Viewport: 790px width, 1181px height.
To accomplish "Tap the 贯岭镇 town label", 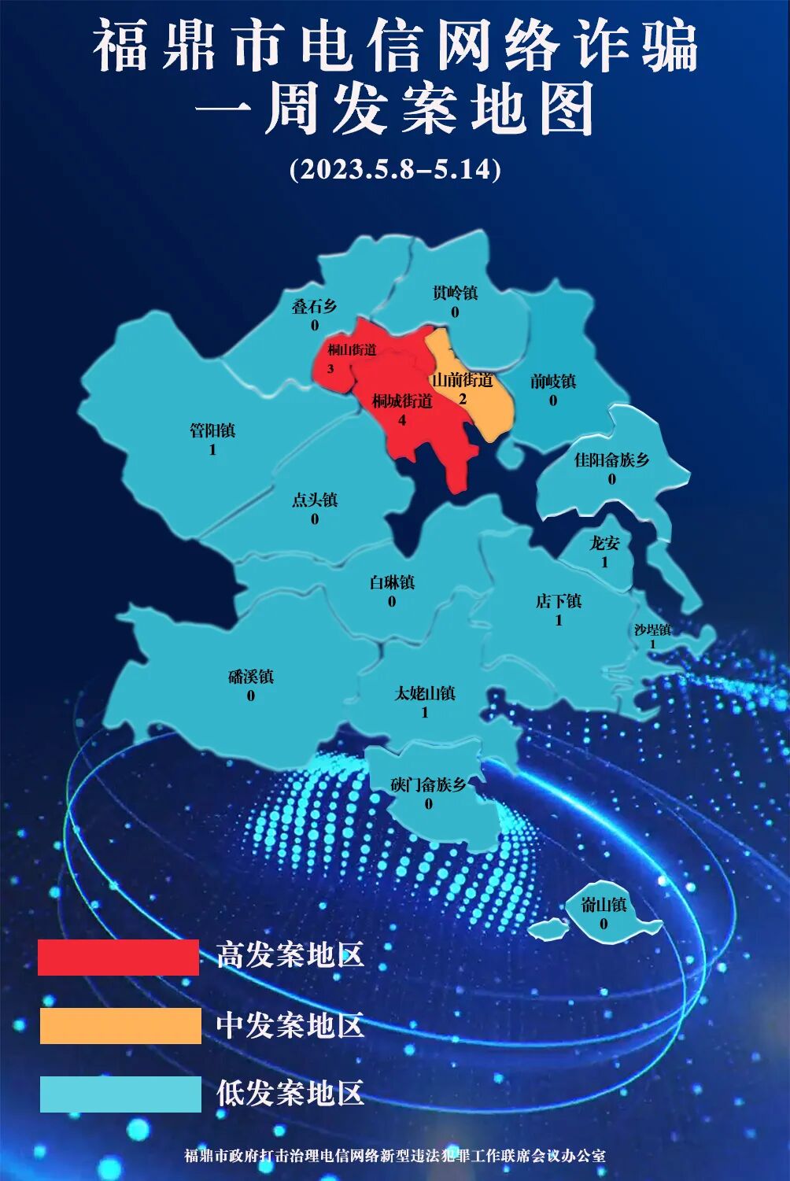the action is (x=455, y=293).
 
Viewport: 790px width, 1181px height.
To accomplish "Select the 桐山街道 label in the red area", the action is (x=352, y=349).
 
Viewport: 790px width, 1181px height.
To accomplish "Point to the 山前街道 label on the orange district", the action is (x=463, y=380).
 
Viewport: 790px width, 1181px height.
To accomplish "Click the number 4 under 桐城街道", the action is (x=402, y=420).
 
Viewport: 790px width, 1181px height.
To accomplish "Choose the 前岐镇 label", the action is (x=553, y=382).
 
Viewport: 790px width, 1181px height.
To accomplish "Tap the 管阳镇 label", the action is (x=212, y=431).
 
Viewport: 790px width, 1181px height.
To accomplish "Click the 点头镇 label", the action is (x=315, y=500).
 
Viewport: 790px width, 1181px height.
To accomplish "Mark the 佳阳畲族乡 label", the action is (x=612, y=459).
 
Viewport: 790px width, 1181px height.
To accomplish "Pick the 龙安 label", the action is (x=605, y=543).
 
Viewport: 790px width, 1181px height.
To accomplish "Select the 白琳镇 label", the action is (x=392, y=583).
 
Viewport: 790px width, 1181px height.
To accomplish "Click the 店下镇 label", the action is (x=559, y=601).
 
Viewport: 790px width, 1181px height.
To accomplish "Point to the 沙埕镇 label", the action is (x=652, y=629).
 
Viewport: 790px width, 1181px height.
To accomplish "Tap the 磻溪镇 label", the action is (x=251, y=677).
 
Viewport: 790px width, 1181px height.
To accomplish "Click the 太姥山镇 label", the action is (x=425, y=694).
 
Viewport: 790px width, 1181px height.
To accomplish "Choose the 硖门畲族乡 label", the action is (x=428, y=784).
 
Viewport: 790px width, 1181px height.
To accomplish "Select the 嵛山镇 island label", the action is (x=604, y=905).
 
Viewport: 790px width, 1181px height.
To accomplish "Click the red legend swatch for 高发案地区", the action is (x=119, y=957).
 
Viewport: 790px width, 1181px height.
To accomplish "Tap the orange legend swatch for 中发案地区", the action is (x=120, y=1026).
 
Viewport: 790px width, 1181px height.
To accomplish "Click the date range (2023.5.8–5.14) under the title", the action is (x=395, y=169).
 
